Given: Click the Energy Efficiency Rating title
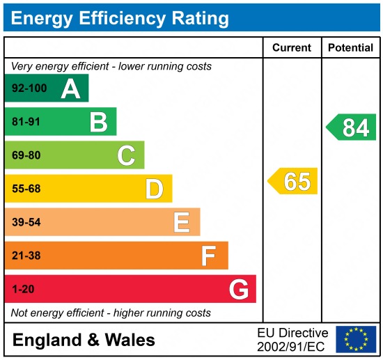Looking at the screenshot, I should (x=120, y=17).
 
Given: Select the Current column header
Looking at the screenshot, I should (x=292, y=48).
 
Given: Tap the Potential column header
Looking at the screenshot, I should (x=351, y=48).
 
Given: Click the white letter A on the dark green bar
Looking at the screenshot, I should (x=70, y=88).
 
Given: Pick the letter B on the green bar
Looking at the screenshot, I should (x=98, y=122).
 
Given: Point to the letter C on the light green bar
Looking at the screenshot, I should (x=126, y=155).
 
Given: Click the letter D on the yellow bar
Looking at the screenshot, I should (x=154, y=189).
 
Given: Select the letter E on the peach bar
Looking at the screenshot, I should (x=181, y=222).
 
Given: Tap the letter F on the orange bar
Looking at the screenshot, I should (x=208, y=256).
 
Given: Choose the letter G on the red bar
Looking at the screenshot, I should (x=239, y=289).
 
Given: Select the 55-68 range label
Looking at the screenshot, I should (x=26, y=189).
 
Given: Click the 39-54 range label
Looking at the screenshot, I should (x=26, y=222).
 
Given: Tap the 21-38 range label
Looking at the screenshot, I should (x=26, y=256).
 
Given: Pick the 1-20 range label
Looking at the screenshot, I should (x=22, y=289).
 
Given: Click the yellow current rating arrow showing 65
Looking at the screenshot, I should (x=293, y=181).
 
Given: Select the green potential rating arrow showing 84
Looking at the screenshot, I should (x=352, y=127).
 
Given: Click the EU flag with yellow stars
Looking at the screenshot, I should (x=355, y=339).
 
